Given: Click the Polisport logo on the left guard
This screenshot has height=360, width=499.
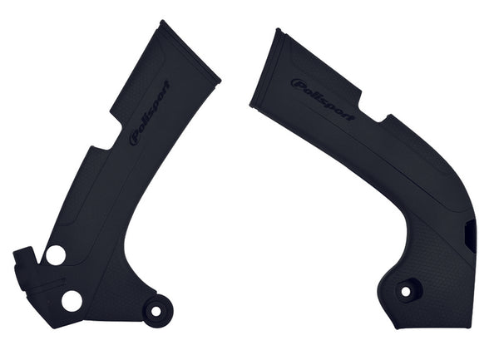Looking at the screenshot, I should click(150, 112).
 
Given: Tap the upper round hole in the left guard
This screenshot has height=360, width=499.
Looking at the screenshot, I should click(56, 255).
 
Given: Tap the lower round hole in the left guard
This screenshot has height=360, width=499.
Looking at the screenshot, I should click(72, 300).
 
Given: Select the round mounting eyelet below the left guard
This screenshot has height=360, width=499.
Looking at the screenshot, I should click(155, 313).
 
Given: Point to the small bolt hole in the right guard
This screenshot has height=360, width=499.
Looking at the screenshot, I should click(407, 293).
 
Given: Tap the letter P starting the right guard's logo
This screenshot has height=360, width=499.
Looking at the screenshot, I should click(296, 83).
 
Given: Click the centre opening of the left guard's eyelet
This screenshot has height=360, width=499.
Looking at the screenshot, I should click(155, 313).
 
